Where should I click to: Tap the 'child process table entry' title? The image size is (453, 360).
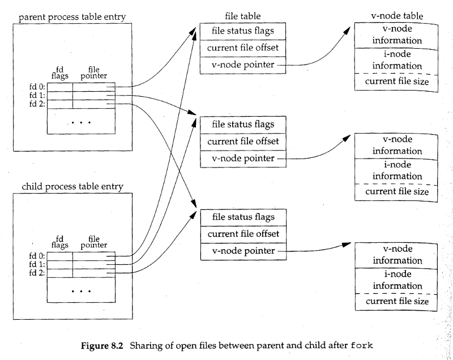tap(72, 186)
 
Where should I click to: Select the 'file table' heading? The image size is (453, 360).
tap(242, 16)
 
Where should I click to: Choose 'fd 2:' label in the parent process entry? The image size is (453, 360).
tap(37, 104)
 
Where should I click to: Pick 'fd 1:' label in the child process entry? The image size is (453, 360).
tap(37, 264)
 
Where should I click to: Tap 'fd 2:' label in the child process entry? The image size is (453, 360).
tap(37, 273)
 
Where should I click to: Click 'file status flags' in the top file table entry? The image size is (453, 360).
tap(242, 31)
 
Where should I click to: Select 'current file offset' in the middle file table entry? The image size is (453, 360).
tap(243, 141)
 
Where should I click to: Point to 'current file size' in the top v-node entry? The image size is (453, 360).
tap(396, 82)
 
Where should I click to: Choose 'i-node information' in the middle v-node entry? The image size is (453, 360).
tap(397, 170)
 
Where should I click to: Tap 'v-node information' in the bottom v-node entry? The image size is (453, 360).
tap(397, 255)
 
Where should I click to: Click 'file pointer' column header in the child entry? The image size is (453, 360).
tap(94, 242)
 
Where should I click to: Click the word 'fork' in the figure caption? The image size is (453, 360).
tap(362, 345)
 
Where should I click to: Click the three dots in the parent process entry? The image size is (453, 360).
tap(81, 122)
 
